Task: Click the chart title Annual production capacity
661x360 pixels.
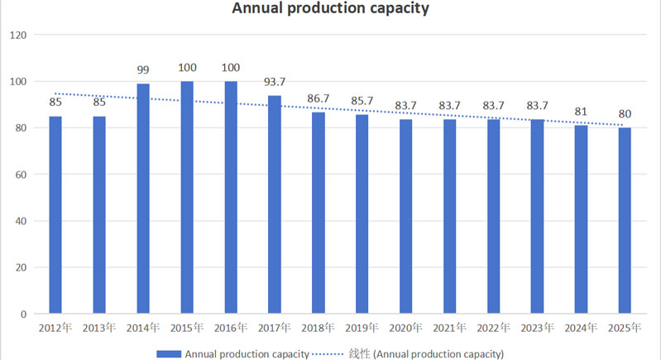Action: click(330, 10)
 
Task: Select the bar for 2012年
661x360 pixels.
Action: click(55, 215)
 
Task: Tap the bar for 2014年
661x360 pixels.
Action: click(143, 199)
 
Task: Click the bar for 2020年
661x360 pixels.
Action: click(406, 216)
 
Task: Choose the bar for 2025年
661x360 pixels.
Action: click(625, 220)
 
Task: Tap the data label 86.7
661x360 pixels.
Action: click(319, 98)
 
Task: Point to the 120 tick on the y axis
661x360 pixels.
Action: click(19, 36)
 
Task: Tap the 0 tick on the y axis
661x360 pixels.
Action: click(24, 314)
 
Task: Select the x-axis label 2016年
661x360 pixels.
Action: click(231, 328)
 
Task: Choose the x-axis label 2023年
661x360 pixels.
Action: click(538, 328)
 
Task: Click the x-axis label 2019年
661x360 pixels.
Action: click(362, 328)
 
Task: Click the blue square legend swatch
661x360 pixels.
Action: click(169, 353)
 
